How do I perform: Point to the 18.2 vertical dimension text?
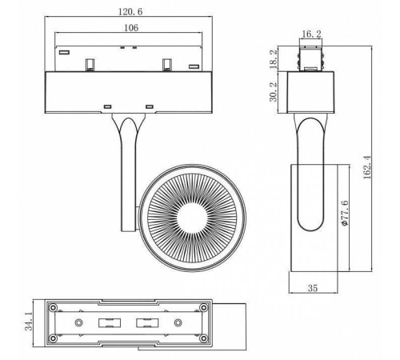[274, 58]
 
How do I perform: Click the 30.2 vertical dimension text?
[274, 90]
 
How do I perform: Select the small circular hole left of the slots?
[78, 322]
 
